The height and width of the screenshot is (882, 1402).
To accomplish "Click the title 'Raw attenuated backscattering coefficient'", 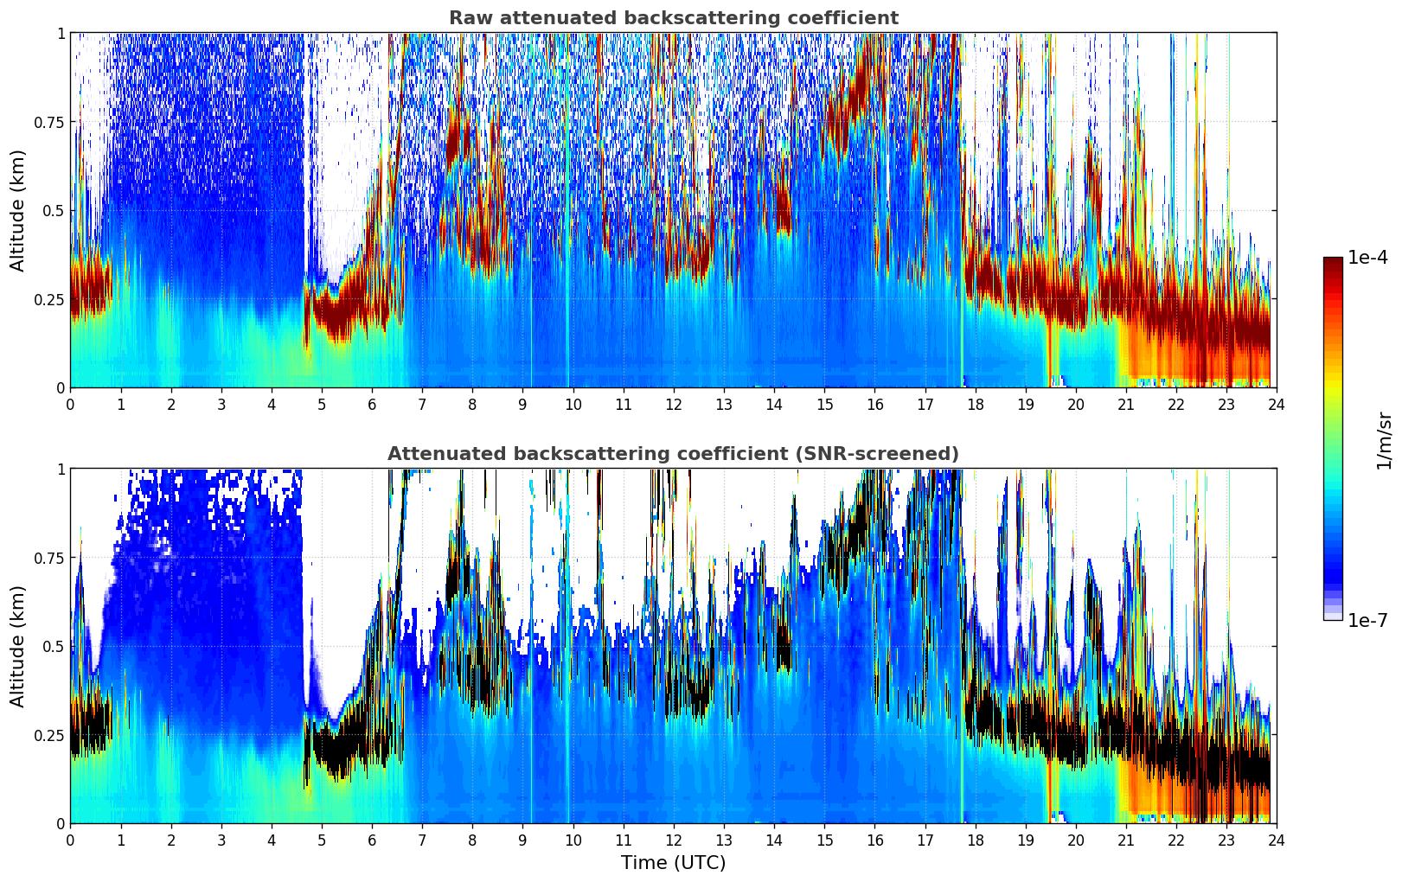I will pyautogui.click(x=673, y=18).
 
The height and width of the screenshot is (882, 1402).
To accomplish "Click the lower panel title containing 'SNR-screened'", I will pyautogui.click(x=673, y=454).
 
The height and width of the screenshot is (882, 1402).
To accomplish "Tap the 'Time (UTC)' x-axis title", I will pyautogui.click(x=673, y=863).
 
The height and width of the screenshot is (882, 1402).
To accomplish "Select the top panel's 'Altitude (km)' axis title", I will pyautogui.click(x=17, y=210).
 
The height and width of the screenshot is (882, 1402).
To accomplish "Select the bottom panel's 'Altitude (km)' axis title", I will pyautogui.click(x=17, y=646).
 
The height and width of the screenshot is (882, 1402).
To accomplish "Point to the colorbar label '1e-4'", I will pyautogui.click(x=1367, y=258).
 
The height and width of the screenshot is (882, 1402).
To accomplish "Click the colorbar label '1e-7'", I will pyautogui.click(x=1367, y=620).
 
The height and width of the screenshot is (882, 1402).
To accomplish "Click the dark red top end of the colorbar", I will pyautogui.click(x=1332, y=261).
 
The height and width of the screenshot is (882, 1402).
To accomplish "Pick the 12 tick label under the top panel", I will pyautogui.click(x=674, y=404).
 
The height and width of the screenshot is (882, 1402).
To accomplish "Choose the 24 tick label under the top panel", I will pyautogui.click(x=1277, y=404).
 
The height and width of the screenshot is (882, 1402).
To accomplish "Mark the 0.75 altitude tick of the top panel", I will pyautogui.click(x=49, y=122).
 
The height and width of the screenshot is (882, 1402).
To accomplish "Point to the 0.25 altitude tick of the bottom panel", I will pyautogui.click(x=49, y=735).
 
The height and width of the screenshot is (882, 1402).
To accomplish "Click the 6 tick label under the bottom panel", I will pyautogui.click(x=372, y=840).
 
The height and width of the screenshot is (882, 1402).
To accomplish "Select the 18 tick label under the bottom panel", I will pyautogui.click(x=975, y=840).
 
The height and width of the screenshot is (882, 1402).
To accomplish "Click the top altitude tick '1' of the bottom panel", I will pyautogui.click(x=61, y=470).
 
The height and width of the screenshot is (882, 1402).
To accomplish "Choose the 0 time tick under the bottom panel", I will pyautogui.click(x=71, y=840).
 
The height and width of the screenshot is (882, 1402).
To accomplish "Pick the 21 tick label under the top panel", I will pyautogui.click(x=1126, y=404).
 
